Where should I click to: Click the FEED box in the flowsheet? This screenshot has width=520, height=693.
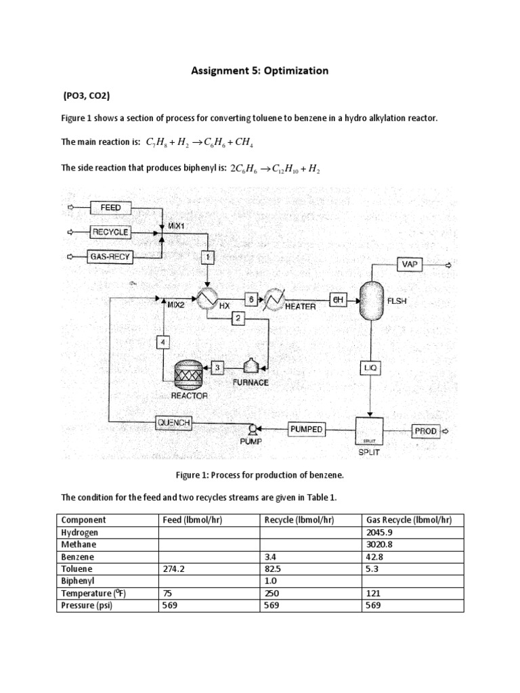click(x=110, y=207)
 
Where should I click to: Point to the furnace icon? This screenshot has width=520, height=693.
click(x=253, y=365)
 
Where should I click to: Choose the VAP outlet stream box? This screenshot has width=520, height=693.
click(x=410, y=265)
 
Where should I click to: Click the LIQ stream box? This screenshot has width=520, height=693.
click(x=370, y=367)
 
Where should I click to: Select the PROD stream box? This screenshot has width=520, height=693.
click(x=426, y=430)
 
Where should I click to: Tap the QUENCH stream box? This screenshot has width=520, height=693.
click(x=174, y=424)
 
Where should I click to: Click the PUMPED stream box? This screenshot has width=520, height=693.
click(x=307, y=429)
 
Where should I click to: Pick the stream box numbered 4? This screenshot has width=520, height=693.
click(x=162, y=342)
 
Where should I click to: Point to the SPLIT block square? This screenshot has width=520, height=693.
click(x=369, y=431)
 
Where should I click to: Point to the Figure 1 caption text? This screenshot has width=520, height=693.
click(x=260, y=475)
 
